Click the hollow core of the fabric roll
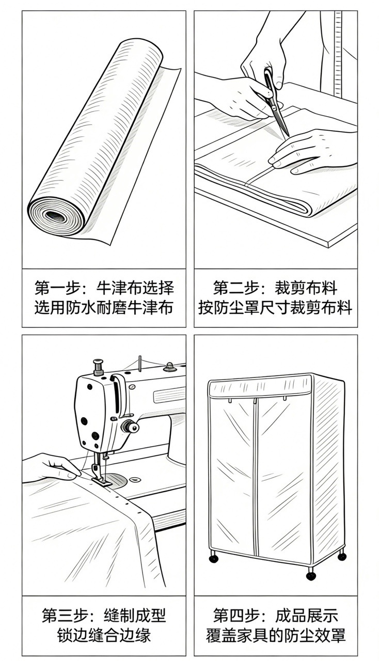pos(52,215)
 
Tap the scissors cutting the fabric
pos(275,101)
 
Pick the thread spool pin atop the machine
pos(98,367)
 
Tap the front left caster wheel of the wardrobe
pos(213,558)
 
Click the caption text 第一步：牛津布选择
pos(104,287)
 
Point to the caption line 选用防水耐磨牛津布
pos(104,308)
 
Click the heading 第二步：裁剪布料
pos(275,287)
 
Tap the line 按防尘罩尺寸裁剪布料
pos(275,308)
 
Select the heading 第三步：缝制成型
pos(104,616)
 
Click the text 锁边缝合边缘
pos(104,636)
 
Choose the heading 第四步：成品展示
pos(275,616)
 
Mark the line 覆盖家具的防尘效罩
pos(275,636)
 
